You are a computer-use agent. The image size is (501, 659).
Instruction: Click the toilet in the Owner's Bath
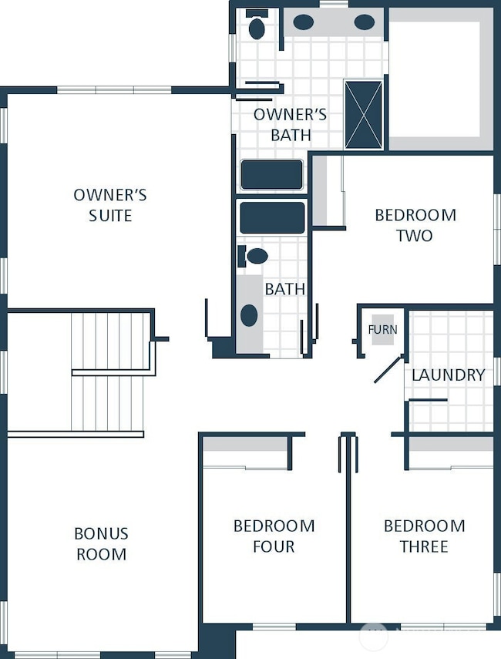click(257, 25)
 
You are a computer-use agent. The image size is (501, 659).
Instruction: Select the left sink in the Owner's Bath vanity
click(303, 22)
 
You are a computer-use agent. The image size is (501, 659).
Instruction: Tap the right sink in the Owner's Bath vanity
click(364, 22)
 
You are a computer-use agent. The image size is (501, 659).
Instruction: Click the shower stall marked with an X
click(364, 114)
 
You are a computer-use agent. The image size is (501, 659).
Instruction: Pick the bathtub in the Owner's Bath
click(271, 174)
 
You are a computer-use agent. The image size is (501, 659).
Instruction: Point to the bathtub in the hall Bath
click(272, 217)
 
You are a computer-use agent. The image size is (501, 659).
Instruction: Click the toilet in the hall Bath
click(253, 256)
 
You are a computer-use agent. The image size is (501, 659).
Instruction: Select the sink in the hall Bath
click(249, 315)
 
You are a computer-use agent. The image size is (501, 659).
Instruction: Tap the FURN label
click(382, 330)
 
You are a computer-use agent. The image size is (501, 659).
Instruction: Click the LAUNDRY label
click(448, 375)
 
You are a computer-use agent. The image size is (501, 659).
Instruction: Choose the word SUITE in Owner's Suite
click(110, 216)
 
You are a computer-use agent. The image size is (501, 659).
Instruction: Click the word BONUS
click(101, 534)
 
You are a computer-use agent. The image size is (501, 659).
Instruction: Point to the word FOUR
click(274, 546)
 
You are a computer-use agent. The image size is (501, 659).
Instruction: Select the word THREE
click(424, 546)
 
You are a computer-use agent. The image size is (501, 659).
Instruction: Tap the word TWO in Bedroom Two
click(415, 236)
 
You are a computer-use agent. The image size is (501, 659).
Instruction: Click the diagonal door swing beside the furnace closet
click(388, 369)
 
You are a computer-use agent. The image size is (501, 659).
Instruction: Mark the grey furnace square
click(383, 330)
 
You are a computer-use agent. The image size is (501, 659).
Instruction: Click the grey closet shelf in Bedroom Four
click(245, 444)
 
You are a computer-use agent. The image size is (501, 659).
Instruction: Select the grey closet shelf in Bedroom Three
click(451, 444)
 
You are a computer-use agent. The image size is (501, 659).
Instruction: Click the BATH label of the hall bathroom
click(285, 289)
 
